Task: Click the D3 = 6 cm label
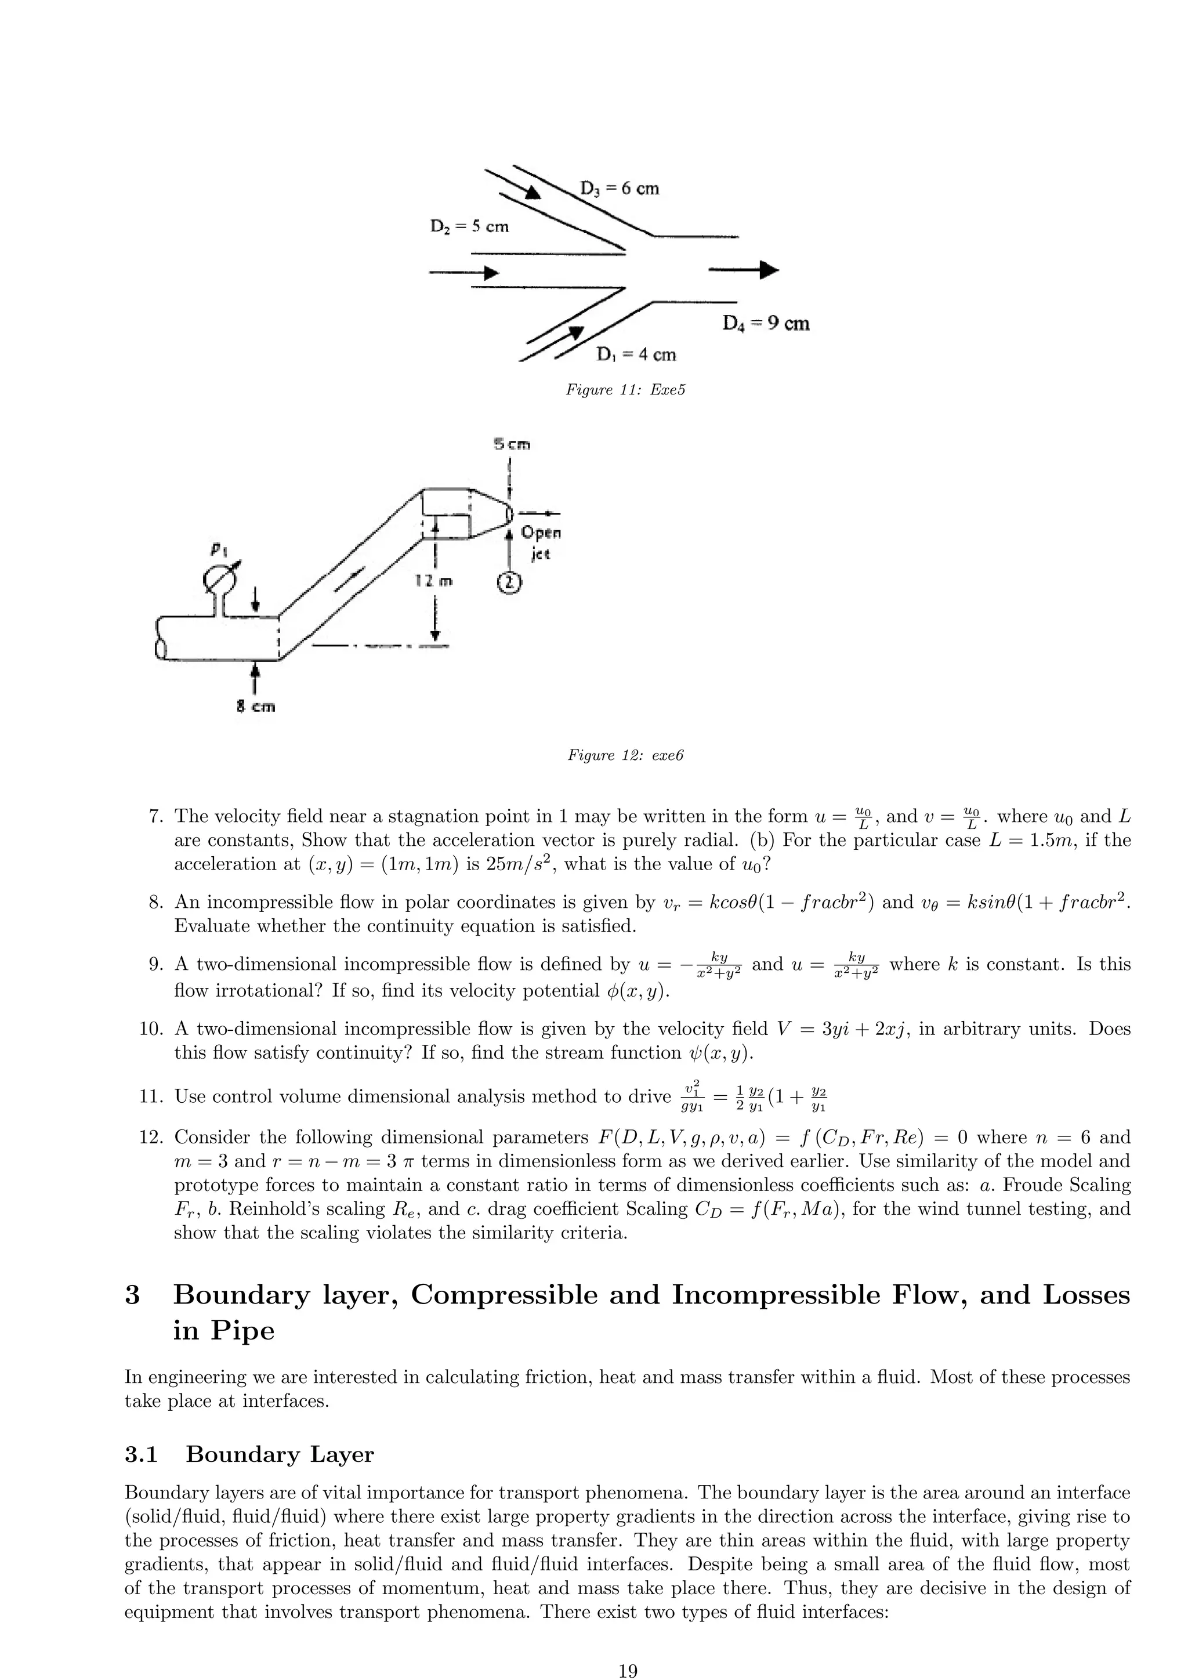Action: pos(619,189)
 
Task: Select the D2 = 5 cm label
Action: pos(469,227)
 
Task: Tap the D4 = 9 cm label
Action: pos(765,324)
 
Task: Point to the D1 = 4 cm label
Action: pos(636,355)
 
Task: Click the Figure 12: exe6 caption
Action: pos(625,755)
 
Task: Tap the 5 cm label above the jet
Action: pos(511,445)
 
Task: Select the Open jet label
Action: pos(540,542)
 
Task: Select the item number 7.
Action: pos(154,817)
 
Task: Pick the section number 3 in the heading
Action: pos(132,1295)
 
